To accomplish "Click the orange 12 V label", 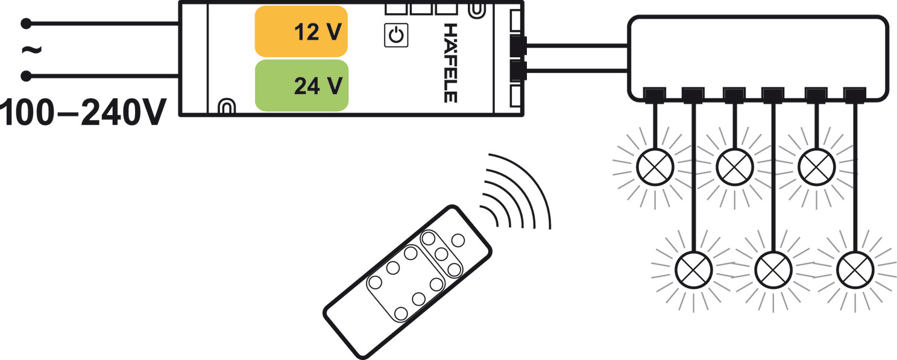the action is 301,31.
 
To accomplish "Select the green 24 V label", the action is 301,85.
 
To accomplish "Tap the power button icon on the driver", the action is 396,35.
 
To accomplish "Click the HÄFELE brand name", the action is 450,63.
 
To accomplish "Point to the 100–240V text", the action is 83,113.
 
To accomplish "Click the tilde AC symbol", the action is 31,50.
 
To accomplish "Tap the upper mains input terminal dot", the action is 26,24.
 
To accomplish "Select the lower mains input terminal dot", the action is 26,76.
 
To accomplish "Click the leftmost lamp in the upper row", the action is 655,167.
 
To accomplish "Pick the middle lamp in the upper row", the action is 735,167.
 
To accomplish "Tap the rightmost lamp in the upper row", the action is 816,167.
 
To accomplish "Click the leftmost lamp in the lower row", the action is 694,270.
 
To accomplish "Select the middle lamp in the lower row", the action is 773,270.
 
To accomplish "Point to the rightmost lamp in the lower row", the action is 855,270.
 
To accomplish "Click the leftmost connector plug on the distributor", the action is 655,95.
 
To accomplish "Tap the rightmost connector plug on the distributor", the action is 855,95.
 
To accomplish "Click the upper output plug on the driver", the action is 518,46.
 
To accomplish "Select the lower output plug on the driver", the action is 518,71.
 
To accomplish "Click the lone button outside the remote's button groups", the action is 458,241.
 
